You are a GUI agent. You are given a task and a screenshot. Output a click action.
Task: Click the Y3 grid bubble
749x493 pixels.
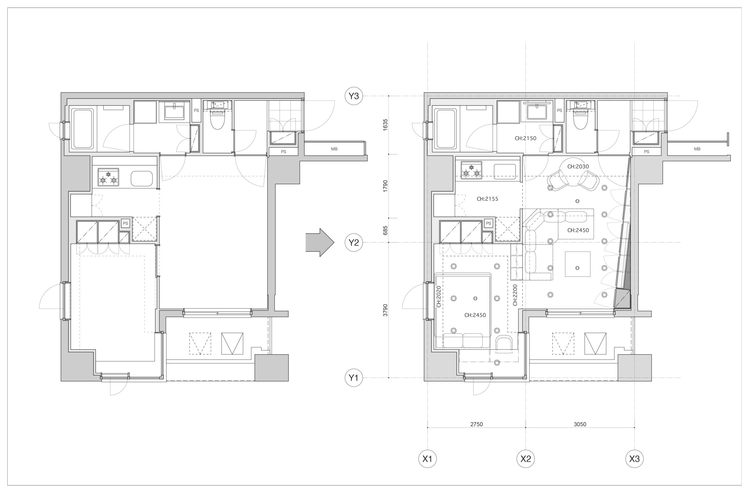pos(354,96)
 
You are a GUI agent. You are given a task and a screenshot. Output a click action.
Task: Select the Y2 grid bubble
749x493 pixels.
pos(354,243)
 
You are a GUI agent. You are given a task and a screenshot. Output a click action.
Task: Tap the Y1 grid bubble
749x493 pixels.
pos(354,377)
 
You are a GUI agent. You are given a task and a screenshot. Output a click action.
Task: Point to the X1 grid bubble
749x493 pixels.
pos(427,459)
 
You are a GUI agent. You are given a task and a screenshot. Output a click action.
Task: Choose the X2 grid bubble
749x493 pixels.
pos(526,459)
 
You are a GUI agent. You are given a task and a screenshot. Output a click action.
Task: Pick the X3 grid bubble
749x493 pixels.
pos(634,459)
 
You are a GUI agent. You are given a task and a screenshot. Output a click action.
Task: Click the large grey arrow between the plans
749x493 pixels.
pos(320,243)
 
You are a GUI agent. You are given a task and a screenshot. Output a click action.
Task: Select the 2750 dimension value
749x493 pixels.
pos(477,424)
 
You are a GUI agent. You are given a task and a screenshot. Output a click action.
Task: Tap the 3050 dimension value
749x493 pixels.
pos(580,424)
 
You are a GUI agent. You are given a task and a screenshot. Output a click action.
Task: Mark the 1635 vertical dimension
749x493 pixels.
pos(386,125)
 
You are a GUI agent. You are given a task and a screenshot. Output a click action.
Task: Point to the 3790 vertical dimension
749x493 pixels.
pos(386,310)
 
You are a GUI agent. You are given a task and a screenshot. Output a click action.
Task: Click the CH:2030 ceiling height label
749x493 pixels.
pos(578,166)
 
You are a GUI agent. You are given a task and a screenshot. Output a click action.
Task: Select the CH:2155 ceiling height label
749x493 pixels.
pos(487,199)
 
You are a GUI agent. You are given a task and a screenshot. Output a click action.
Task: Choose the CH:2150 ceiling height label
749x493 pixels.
pos(525,138)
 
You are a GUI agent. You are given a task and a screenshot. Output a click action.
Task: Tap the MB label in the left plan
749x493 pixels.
pos(334,149)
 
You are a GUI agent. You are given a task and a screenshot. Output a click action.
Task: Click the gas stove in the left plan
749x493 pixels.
pos(108,177)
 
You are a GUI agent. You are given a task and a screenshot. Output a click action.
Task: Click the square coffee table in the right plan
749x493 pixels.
pos(578,264)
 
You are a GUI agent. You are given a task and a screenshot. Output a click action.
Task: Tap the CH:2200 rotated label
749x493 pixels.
pos(515,295)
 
